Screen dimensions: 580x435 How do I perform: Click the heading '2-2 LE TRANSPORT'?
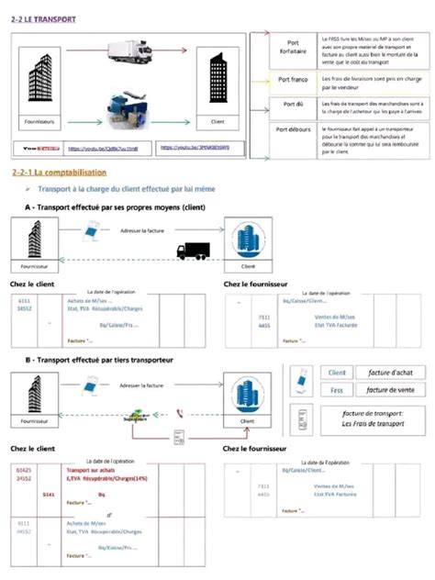coord(44,18)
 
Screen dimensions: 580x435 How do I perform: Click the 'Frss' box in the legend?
coord(336,390)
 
